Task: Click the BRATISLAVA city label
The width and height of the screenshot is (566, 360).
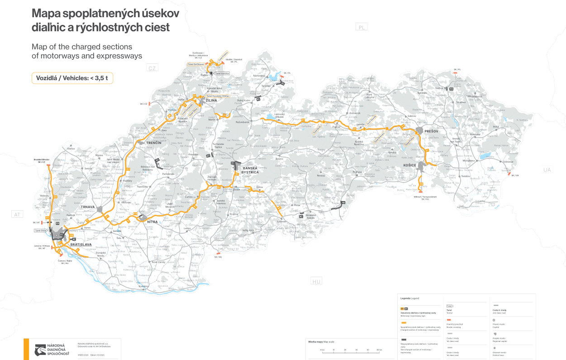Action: pyautogui.click(x=81, y=245)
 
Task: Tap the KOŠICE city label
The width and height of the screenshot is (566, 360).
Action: pyautogui.click(x=409, y=165)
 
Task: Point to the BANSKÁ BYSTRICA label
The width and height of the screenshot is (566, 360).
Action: pyautogui.click(x=250, y=170)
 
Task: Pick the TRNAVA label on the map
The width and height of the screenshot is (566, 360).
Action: pyautogui.click(x=88, y=207)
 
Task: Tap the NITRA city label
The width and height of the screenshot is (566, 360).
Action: pyautogui.click(x=152, y=221)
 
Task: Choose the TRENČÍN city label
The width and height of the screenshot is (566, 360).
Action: pyautogui.click(x=154, y=143)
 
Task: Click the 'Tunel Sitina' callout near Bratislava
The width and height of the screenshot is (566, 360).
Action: pyautogui.click(x=40, y=230)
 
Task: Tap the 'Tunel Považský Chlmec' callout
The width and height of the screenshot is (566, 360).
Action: pyautogui.click(x=218, y=96)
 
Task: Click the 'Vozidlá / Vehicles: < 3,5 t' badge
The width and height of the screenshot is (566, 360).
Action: pyautogui.click(x=72, y=78)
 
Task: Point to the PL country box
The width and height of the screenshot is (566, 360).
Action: pyautogui.click(x=361, y=27)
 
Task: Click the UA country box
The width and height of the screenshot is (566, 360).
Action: pyautogui.click(x=547, y=170)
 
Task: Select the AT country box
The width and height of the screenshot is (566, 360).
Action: pyautogui.click(x=18, y=215)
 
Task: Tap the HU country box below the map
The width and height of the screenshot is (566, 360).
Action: pyautogui.click(x=316, y=282)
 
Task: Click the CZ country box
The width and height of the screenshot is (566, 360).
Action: pyautogui.click(x=152, y=68)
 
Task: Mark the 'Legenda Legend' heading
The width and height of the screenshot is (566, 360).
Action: pyautogui.click(x=410, y=298)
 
